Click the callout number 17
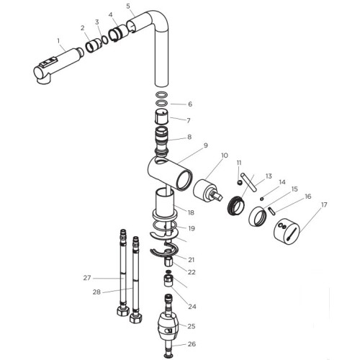point(324,204)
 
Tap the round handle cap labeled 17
point(287,232)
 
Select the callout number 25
point(192,326)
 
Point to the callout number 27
point(87,278)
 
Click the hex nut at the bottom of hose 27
point(123,311)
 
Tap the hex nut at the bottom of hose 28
point(136,318)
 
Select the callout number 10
point(224,156)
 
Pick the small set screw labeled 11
point(240,183)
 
